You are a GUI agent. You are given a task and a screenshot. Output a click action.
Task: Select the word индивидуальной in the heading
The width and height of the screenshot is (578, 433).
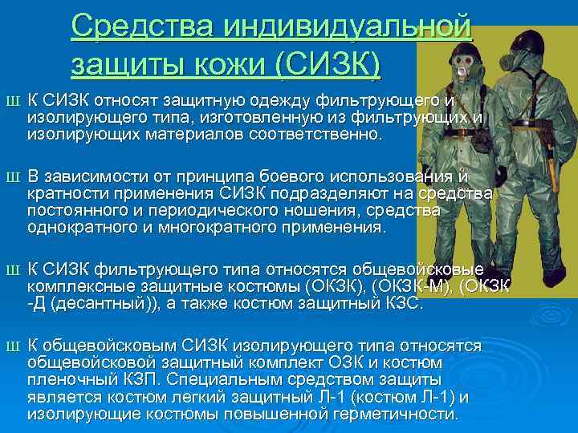click(x=348, y=28)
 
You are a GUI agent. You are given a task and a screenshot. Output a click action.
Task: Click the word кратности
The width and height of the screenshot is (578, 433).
click(x=64, y=193)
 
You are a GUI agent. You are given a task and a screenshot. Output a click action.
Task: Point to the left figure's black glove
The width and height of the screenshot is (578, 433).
click(x=501, y=174)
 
